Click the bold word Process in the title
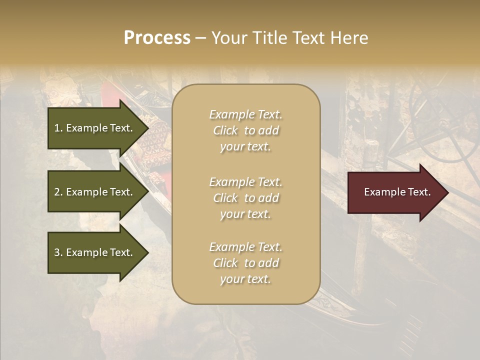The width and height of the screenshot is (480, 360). (x=157, y=38)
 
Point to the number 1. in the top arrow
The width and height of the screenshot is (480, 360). (x=58, y=128)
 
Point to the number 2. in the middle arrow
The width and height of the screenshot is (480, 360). (x=58, y=192)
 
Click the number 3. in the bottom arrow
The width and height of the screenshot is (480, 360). (x=58, y=252)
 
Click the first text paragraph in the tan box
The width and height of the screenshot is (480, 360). (x=245, y=130)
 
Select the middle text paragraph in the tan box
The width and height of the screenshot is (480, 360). (x=245, y=198)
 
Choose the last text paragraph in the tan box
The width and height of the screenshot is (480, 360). (x=245, y=263)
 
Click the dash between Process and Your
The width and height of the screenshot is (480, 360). (x=200, y=38)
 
